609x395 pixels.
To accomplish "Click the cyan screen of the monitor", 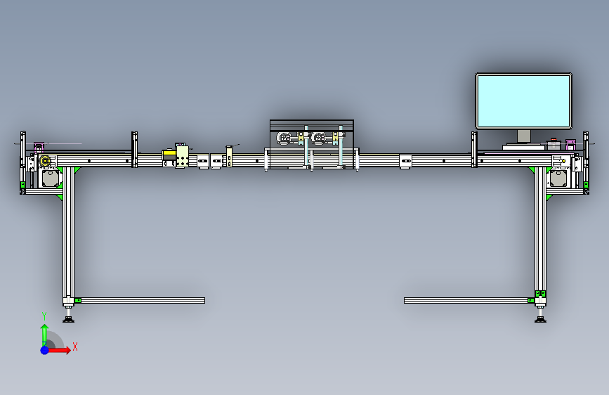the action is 523,101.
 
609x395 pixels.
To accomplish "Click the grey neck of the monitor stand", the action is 524,136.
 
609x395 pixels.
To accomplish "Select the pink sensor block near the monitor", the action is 570,145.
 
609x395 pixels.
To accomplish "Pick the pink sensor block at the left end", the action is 39,148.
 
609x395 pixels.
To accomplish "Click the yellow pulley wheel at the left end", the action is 45,160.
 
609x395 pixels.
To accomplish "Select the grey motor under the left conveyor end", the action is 51,178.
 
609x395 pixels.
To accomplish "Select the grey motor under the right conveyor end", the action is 558,178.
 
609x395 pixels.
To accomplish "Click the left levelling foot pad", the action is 68,320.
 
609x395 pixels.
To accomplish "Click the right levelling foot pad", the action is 540,320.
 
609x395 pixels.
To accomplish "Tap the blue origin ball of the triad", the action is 45,350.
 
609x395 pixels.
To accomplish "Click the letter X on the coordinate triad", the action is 75,347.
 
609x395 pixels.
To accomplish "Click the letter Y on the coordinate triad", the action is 44,316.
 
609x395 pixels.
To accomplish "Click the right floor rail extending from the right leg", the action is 466,301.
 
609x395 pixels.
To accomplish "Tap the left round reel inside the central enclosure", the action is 284,138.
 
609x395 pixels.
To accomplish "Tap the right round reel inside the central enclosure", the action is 319,138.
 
